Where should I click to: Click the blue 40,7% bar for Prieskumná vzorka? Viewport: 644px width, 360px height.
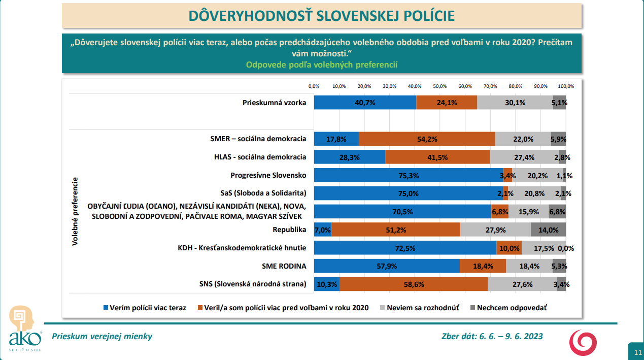pyautogui.click(x=365, y=102)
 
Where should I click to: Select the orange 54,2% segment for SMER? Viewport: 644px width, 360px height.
pyautogui.click(x=427, y=139)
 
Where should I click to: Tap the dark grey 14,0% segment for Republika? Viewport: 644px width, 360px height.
pyautogui.click(x=548, y=230)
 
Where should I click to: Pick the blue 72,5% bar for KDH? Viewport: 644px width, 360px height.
pyautogui.click(x=405, y=248)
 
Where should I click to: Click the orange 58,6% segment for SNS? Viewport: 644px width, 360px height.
pyautogui.click(x=414, y=284)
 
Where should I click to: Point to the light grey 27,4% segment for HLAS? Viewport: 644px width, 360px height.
pyautogui.click(x=524, y=157)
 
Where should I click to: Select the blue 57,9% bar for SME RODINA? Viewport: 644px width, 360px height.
pyautogui.click(x=387, y=266)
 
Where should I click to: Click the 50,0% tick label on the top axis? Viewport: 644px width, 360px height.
pyautogui.click(x=440, y=86)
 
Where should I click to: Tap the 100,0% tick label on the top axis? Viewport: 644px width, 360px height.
pyautogui.click(x=566, y=86)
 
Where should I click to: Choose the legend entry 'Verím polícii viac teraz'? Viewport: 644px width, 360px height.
pyautogui.click(x=145, y=308)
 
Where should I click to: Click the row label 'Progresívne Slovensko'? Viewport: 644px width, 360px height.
pyautogui.click(x=268, y=175)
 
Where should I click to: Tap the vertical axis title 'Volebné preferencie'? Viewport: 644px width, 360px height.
pyautogui.click(x=75, y=211)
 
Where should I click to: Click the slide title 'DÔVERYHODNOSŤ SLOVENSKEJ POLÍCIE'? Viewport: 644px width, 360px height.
pyautogui.click(x=322, y=16)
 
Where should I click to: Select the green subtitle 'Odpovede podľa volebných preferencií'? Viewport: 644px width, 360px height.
pyautogui.click(x=321, y=64)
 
